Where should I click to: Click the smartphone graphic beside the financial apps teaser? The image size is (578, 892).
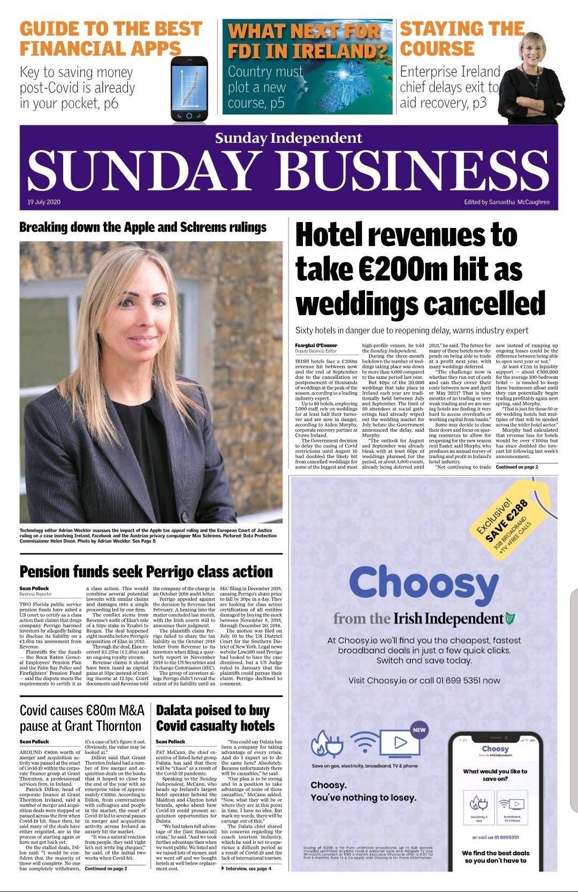pyautogui.click(x=189, y=89)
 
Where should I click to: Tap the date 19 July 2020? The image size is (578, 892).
pyautogui.click(x=44, y=202)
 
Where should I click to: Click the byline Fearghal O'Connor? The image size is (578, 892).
pyautogui.click(x=316, y=346)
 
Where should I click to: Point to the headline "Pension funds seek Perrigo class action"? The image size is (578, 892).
pyautogui.click(x=146, y=572)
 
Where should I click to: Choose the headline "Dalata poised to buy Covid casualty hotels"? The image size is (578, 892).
pyautogui.click(x=215, y=718)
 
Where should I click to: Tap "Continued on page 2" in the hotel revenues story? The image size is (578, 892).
pyautogui.click(x=517, y=467)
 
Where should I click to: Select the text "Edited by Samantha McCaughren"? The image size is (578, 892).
pyautogui.click(x=506, y=202)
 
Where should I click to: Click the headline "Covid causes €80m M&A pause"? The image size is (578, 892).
pyautogui.click(x=82, y=718)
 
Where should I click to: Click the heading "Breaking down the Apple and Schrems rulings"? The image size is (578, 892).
pyautogui.click(x=143, y=227)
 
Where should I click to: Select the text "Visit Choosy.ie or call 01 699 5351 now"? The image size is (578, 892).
pyautogui.click(x=424, y=681)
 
